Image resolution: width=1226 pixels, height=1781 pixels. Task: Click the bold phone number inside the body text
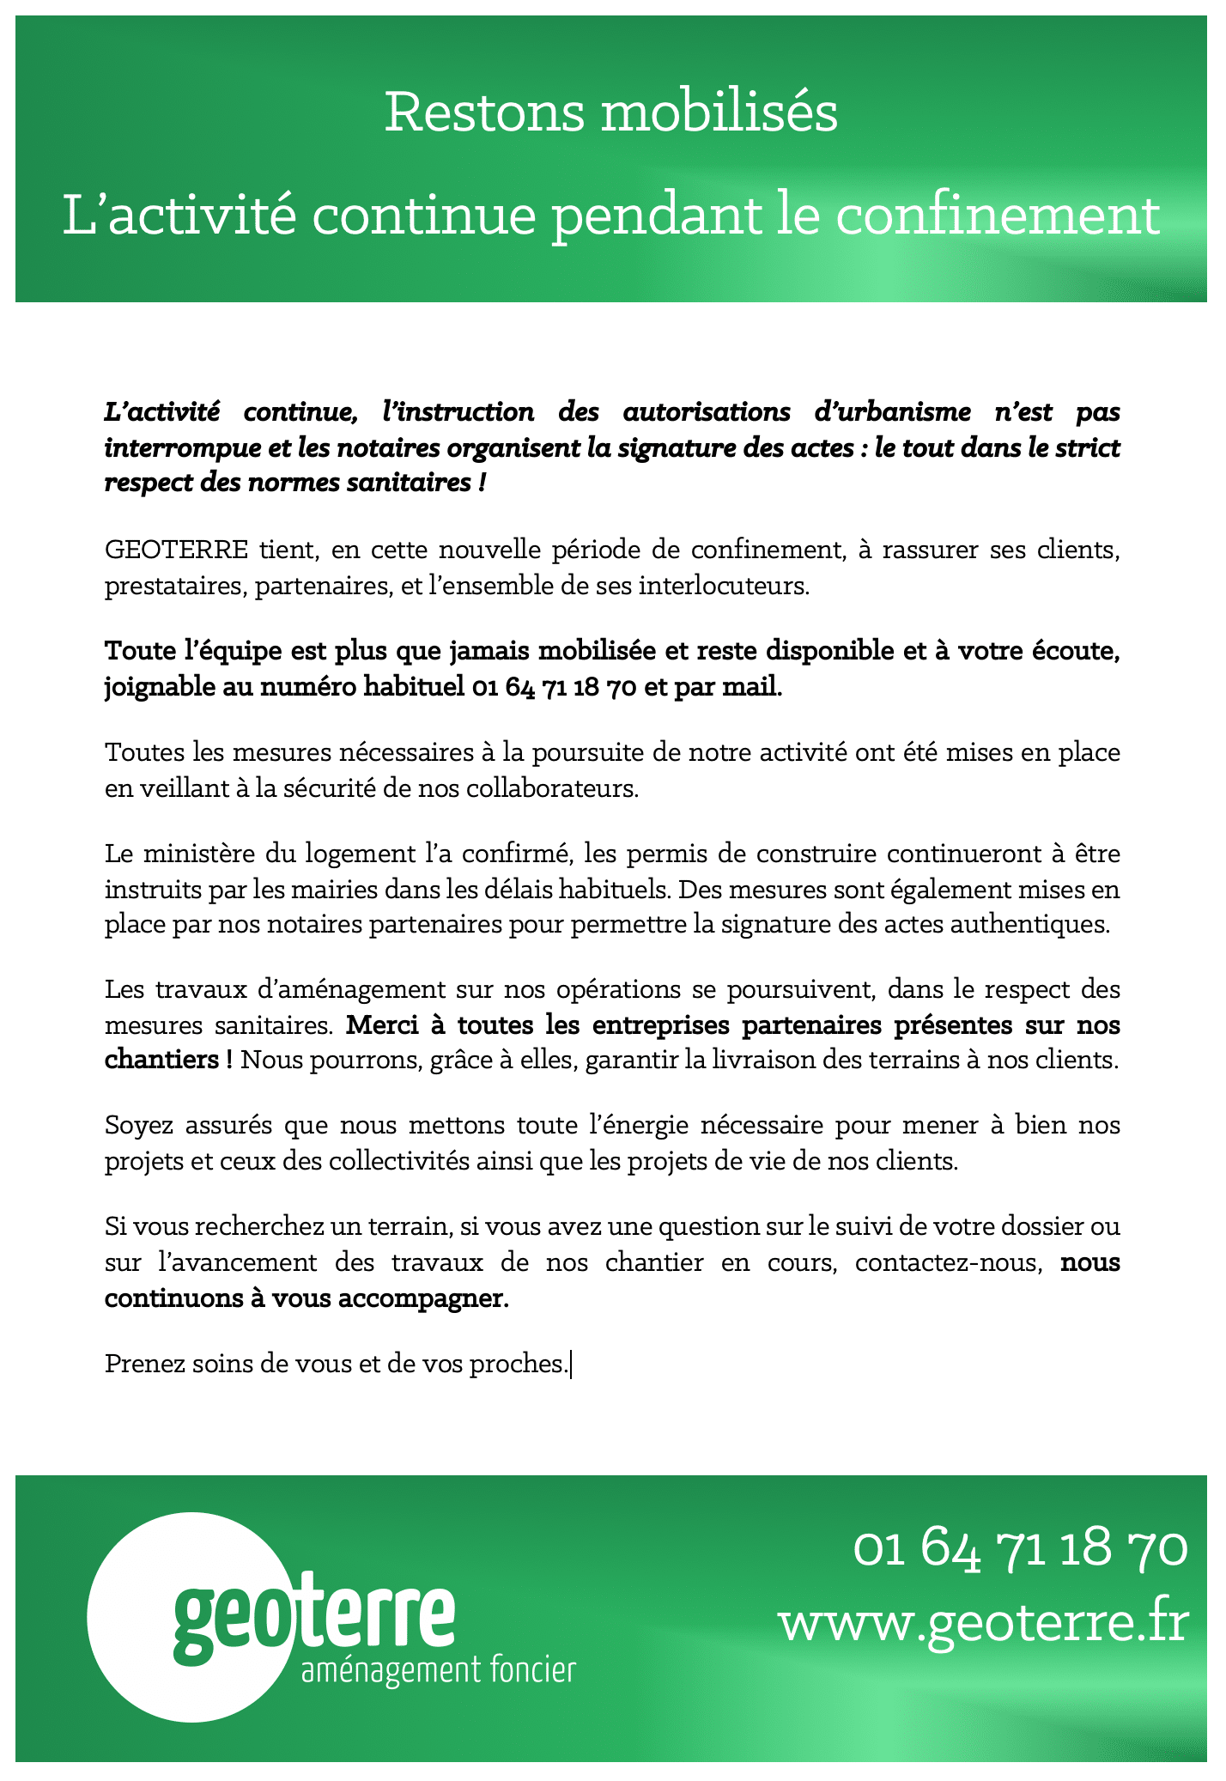(x=554, y=688)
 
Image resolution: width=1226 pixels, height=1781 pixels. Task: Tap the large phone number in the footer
(x=1020, y=1548)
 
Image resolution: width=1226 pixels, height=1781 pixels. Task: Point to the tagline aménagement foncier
(x=438, y=1671)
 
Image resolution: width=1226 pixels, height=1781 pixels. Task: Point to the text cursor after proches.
(x=571, y=1363)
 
